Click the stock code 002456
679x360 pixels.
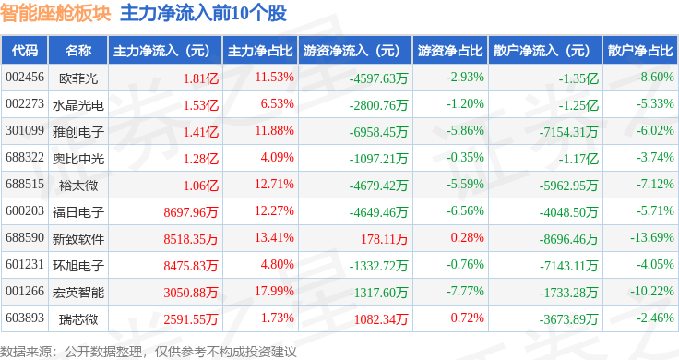tap(25, 78)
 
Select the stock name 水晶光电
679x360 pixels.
tap(78, 105)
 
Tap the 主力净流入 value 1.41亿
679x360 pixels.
tap(201, 132)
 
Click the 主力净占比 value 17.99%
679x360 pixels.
tap(274, 291)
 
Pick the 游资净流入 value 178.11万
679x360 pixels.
tap(385, 239)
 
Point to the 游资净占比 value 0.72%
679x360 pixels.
tap(467, 318)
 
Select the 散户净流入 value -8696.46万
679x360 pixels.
tap(568, 239)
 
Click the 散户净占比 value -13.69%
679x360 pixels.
tap(651, 237)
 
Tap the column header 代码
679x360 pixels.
tap(25, 51)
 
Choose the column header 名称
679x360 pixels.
tap(78, 51)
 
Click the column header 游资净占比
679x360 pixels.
tap(450, 51)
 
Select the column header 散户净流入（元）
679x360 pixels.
tap(545, 51)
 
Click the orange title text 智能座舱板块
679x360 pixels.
tap(55, 13)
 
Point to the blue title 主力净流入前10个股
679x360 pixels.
tap(204, 13)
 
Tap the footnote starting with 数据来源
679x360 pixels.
tap(149, 352)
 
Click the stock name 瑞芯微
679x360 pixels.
tap(78, 319)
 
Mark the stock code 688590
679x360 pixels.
tap(25, 237)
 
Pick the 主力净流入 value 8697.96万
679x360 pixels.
tap(191, 212)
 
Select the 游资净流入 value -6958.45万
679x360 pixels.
tap(379, 132)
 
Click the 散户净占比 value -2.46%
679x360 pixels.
tap(655, 318)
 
